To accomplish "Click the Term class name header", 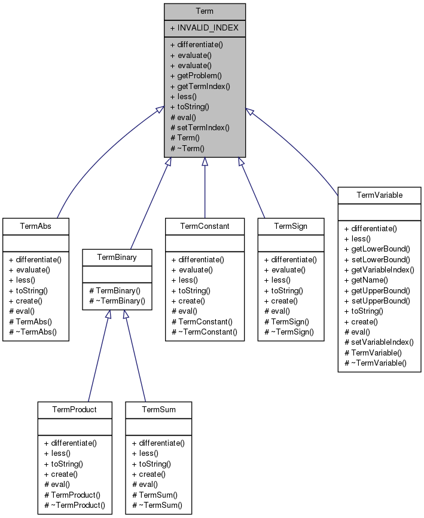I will tap(205, 11).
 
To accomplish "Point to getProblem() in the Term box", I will tap(196, 75).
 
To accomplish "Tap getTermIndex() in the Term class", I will tap(200, 85).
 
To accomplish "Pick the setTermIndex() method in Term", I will tap(200, 127).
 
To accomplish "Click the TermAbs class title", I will tap(36, 226).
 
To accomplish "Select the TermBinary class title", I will tap(117, 257).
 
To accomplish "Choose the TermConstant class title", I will tap(205, 226).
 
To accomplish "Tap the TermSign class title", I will tap(291, 226).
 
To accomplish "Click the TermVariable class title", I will tap(379, 195).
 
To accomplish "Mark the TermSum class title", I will tap(158, 409).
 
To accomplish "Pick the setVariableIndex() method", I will tap(379, 342).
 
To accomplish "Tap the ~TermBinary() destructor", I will tap(117, 301).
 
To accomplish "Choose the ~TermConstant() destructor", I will tap(204, 332).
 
